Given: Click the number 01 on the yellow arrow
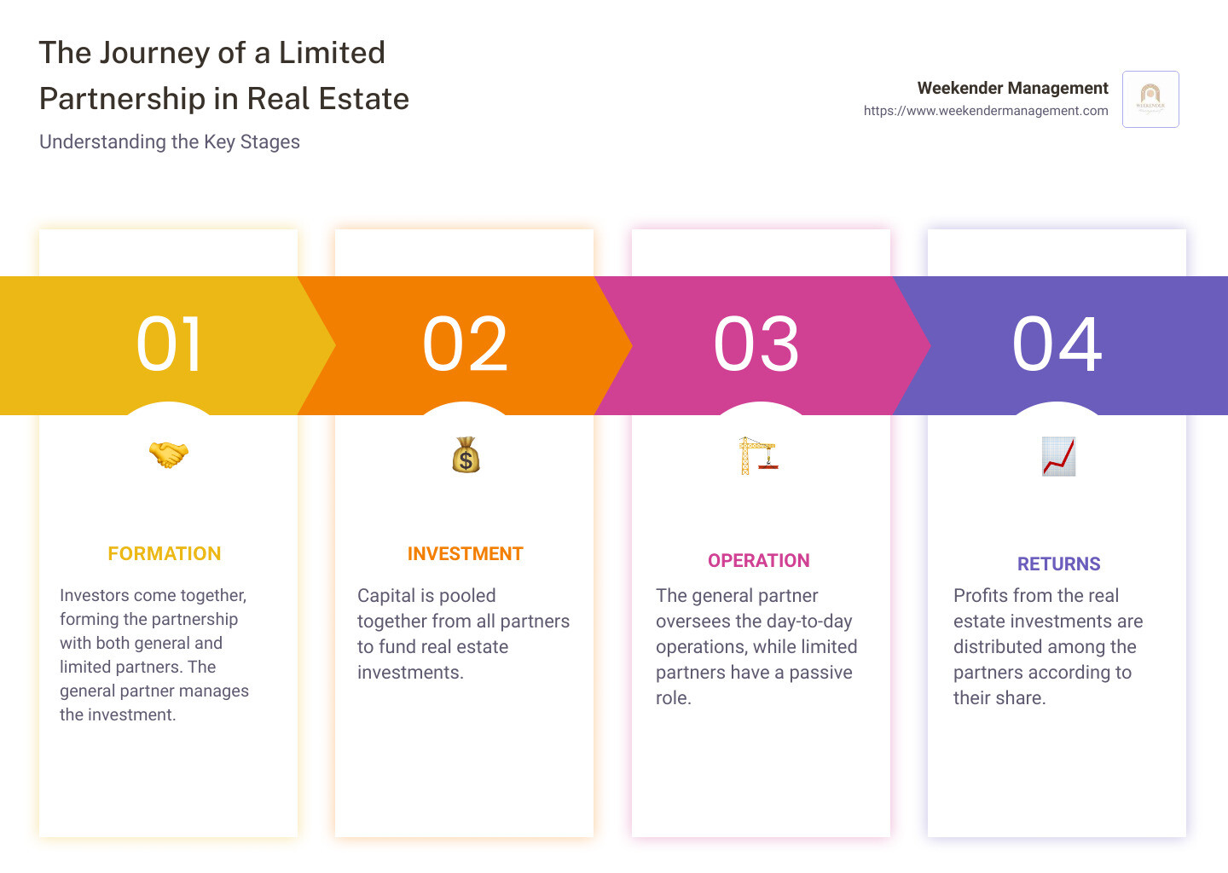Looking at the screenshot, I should [170, 344].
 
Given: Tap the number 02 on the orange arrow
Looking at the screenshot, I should [465, 344].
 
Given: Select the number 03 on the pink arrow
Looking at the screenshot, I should [756, 344].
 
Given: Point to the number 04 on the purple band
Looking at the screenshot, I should [1057, 344].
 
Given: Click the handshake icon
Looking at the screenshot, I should [168, 454].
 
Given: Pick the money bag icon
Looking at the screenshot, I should [466, 455].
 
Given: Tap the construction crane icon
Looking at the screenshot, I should [757, 455].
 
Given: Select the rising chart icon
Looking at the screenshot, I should [1058, 456].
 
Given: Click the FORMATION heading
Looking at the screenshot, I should [165, 554].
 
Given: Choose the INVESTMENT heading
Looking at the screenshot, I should [465, 554].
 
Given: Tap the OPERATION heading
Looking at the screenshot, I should [758, 561].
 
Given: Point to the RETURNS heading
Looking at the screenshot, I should [1058, 564].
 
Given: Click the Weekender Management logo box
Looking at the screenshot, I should [1150, 99].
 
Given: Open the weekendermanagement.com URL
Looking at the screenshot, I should [985, 111].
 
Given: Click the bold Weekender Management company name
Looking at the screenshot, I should [1012, 89].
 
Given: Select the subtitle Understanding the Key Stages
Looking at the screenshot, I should [170, 142].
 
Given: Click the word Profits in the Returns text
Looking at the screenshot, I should [980, 596].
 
